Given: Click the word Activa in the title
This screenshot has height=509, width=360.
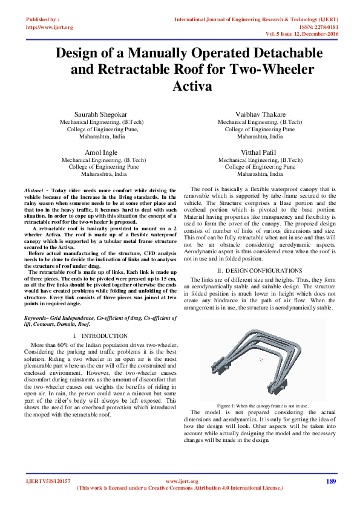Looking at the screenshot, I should pos(192,86).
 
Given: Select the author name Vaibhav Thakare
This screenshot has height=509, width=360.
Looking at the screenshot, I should pos(260,114).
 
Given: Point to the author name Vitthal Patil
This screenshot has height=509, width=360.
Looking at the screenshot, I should pos(260,152).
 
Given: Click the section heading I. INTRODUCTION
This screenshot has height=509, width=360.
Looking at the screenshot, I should pos(100,335).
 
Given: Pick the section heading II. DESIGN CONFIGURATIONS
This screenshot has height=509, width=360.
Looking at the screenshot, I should pos(260,269).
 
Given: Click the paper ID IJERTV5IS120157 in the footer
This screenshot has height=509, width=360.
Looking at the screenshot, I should pos(48,481).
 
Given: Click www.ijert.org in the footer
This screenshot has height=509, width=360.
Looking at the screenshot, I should pos(182,481).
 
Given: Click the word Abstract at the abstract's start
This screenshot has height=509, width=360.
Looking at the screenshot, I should pos(33,190).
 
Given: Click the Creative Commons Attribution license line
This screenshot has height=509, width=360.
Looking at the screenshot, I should pos(181,487).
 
